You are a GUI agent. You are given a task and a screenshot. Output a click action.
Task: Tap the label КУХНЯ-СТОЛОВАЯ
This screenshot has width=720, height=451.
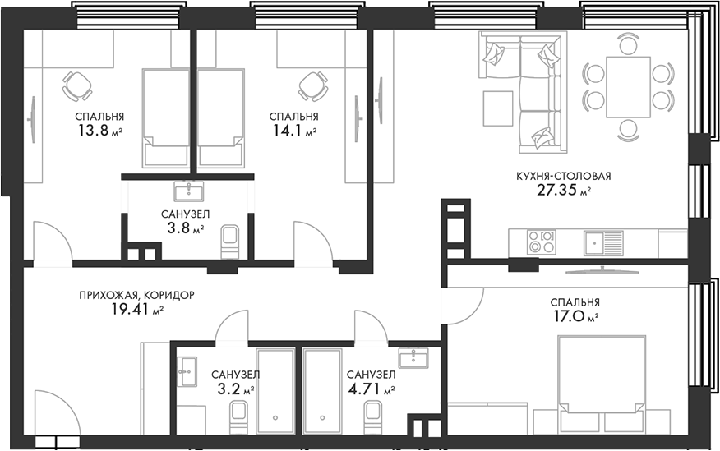[x=563, y=176]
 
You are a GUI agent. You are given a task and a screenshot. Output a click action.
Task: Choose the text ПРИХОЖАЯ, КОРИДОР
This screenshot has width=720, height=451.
[x=136, y=294]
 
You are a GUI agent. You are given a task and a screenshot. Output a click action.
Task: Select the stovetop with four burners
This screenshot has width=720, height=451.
[x=541, y=242]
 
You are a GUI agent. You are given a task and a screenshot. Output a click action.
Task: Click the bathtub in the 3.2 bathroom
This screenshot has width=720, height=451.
[x=274, y=390]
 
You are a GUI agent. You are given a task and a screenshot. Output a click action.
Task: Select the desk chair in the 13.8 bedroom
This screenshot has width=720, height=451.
[x=77, y=85]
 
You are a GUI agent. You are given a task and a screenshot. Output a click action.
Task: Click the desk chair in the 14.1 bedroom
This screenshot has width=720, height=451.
[x=312, y=85]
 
